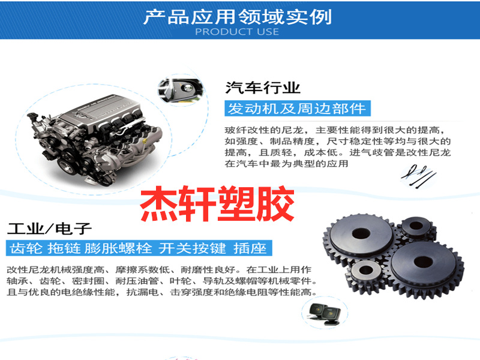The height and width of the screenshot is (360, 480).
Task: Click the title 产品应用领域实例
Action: pos(238,17)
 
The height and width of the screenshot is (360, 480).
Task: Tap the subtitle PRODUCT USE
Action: pos(237,32)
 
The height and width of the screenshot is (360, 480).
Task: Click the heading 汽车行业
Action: pos(263,88)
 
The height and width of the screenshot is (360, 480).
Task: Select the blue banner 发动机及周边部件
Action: pos(298,109)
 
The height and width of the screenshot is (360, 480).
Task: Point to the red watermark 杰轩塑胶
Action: pos(217,203)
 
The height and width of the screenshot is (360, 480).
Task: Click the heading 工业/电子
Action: pos(49,229)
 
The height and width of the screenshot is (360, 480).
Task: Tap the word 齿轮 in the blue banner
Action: pos(26,248)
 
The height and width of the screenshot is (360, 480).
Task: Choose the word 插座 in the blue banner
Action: pos(250,248)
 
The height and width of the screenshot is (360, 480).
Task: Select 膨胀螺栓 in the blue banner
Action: pos(118,248)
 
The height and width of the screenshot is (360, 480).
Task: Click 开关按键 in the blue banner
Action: pos(192,248)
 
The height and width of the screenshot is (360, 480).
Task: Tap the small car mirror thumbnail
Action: pos(181,89)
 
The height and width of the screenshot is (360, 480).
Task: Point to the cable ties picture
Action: pos(418,176)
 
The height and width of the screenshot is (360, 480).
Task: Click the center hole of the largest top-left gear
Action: pos(361,233)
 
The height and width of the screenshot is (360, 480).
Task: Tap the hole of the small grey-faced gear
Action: pos(365,270)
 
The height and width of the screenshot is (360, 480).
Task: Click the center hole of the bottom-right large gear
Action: pos(424,262)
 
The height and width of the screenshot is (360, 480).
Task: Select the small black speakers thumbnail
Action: pos(325,313)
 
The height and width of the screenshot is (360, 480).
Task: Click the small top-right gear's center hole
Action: pos(416,226)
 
